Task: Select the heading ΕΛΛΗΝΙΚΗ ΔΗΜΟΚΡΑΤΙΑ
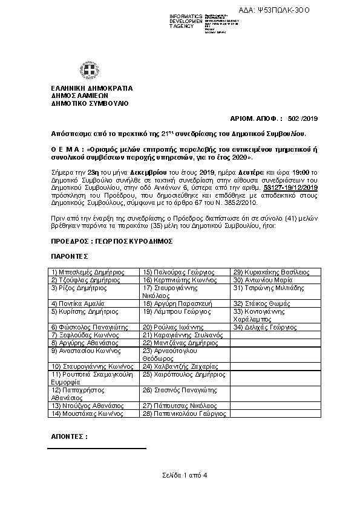tap(91, 88)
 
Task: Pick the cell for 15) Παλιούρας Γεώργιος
tap(171, 272)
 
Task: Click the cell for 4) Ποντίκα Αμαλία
tap(78, 303)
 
